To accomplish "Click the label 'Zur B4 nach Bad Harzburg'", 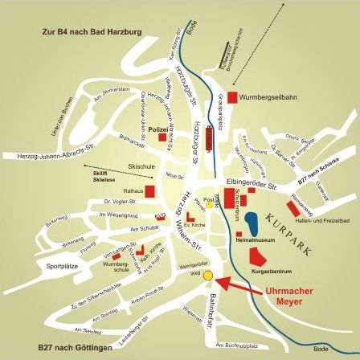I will [x=92, y=32].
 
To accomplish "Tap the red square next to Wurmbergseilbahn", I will [x=233, y=97].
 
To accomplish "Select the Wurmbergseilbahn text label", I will [x=257, y=97].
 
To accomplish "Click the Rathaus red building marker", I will [x=149, y=191].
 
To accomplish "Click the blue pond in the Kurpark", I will [x=252, y=222].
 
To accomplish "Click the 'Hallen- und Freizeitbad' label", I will [x=321, y=219].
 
